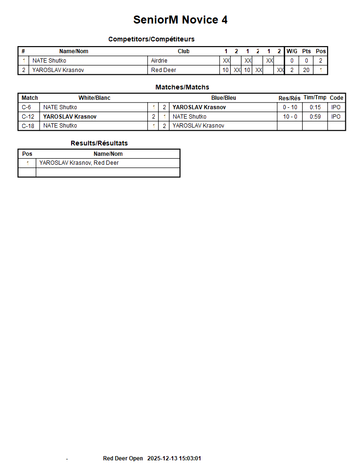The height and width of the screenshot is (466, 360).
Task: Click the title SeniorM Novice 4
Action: point(180,20)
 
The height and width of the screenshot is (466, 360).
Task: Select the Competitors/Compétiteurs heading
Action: point(151,39)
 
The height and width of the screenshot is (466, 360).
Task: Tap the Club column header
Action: point(184,51)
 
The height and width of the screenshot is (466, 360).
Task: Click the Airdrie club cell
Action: point(159,61)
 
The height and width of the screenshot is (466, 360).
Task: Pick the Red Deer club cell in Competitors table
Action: point(163,70)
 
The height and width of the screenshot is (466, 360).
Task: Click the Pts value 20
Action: point(306,70)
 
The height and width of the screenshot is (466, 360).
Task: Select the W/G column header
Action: point(292,51)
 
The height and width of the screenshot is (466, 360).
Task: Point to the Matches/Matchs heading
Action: point(182,87)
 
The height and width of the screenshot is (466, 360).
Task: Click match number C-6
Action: point(26,107)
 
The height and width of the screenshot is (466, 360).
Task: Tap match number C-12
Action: point(28,117)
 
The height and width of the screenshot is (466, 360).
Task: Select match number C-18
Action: point(28,126)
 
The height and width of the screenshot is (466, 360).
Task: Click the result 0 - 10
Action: point(290,107)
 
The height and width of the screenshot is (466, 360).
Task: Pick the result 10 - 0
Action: point(290,117)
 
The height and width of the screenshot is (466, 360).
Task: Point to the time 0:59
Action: point(315,117)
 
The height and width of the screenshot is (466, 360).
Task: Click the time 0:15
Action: point(315,107)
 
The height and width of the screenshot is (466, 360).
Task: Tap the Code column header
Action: point(336,98)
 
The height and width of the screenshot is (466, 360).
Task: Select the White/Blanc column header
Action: point(94,98)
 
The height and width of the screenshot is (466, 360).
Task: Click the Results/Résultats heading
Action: point(99,143)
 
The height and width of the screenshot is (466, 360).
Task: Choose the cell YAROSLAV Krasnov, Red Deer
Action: point(79,163)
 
